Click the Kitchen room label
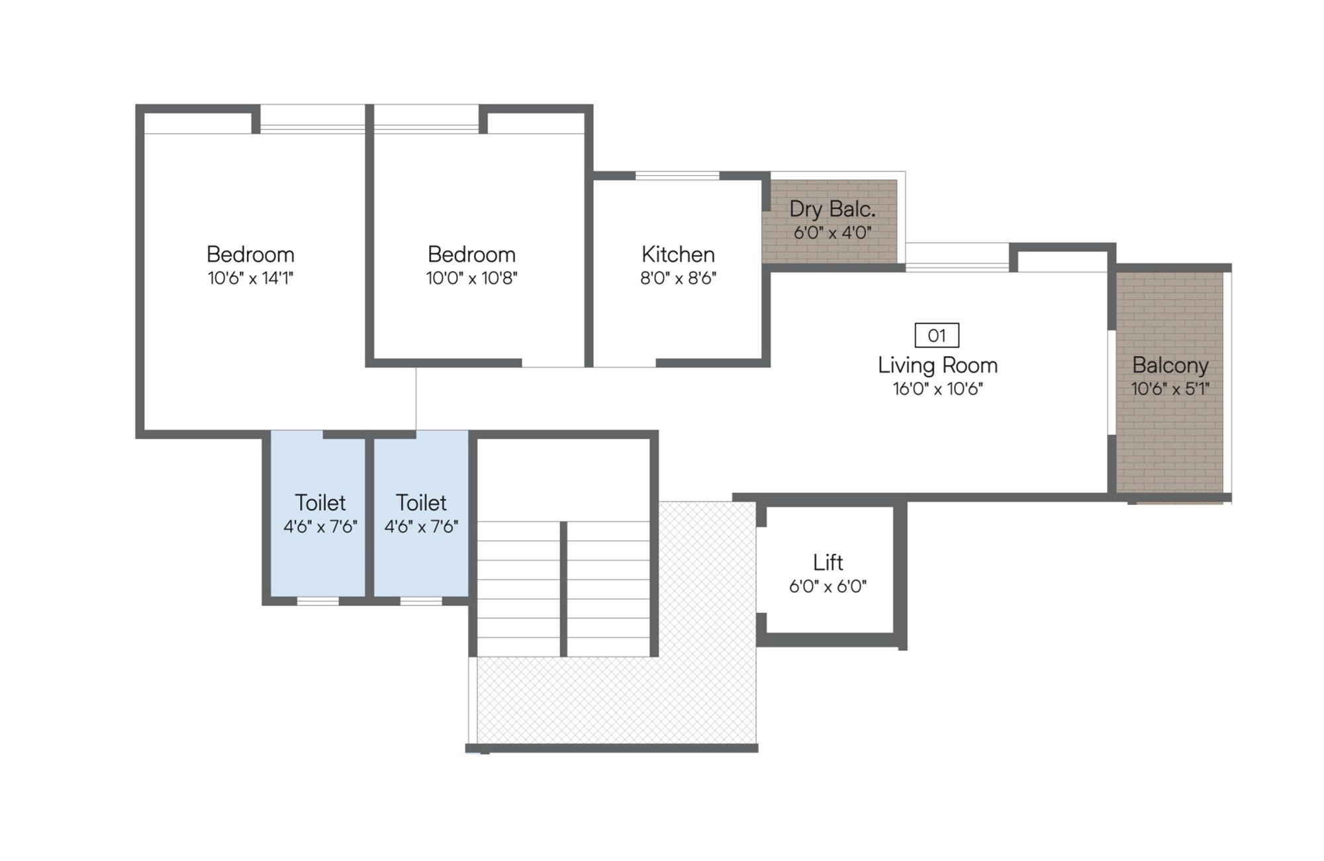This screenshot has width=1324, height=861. (x=678, y=255)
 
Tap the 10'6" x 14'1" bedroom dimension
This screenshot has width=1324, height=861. (x=250, y=279)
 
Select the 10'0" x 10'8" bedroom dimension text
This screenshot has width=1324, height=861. (x=471, y=279)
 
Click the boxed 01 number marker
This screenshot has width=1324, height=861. (x=937, y=336)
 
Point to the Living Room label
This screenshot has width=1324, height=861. (x=937, y=365)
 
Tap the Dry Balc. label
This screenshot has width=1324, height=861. (x=832, y=209)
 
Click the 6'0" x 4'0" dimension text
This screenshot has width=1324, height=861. (x=832, y=233)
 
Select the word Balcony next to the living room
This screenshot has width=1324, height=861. (x=1170, y=365)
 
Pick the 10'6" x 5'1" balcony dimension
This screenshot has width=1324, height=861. (x=1170, y=389)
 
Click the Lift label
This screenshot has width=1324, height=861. (x=827, y=563)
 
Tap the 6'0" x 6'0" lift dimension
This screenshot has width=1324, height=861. (x=827, y=586)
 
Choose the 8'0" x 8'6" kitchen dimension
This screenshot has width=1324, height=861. (x=678, y=279)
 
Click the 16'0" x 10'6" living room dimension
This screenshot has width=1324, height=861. (x=937, y=389)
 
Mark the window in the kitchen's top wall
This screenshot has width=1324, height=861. (x=677, y=175)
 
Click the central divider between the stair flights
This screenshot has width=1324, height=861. (x=563, y=589)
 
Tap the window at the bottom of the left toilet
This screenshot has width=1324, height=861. (x=318, y=601)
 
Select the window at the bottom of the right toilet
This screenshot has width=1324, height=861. (x=421, y=601)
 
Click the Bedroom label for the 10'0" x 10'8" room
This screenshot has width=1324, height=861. (x=471, y=255)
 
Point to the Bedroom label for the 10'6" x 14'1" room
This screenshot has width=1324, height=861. (x=250, y=255)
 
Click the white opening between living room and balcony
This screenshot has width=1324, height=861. (x=1112, y=382)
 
